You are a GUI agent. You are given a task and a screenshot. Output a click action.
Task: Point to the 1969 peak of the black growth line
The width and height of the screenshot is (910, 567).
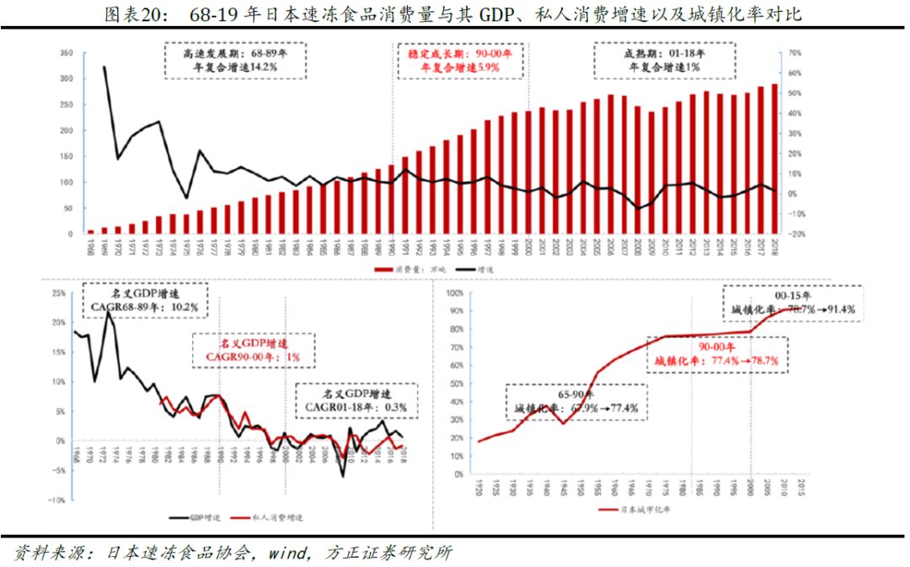tap(104, 67)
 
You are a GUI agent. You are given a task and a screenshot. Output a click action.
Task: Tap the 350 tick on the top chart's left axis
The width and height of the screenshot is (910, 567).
tap(67, 52)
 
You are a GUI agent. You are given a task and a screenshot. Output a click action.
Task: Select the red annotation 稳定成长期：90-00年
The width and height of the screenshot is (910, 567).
tap(460, 59)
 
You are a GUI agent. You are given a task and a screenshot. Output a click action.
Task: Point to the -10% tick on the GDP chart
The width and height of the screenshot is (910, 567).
tap(56, 500)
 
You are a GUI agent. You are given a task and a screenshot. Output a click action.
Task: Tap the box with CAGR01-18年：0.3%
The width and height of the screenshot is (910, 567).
tap(357, 401)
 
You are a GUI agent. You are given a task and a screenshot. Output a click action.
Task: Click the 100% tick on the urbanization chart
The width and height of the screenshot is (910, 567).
tap(452, 293)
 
